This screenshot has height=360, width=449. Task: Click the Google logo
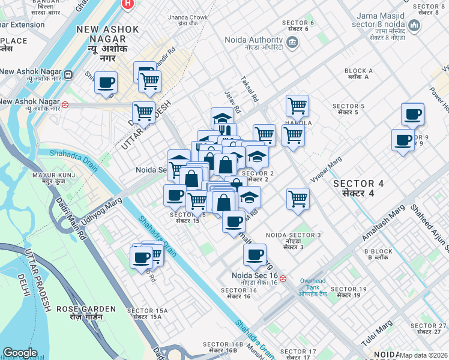pyautogui.click(x=20, y=352)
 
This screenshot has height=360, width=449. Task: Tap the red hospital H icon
pyautogui.click(x=127, y=4)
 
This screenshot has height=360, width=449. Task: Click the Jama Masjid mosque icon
pyautogui.click(x=414, y=26)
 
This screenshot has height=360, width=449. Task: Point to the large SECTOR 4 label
pyautogui.click(x=358, y=188)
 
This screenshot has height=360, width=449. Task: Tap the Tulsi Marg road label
pyautogui.click(x=377, y=332)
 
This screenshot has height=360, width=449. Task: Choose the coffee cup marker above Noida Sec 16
pyautogui.click(x=255, y=254)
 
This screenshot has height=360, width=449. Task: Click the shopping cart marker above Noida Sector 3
pyautogui.click(x=298, y=198)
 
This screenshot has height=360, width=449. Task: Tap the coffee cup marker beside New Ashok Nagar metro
pyautogui.click(x=106, y=83)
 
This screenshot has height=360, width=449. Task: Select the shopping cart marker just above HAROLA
pyautogui.click(x=297, y=106)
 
